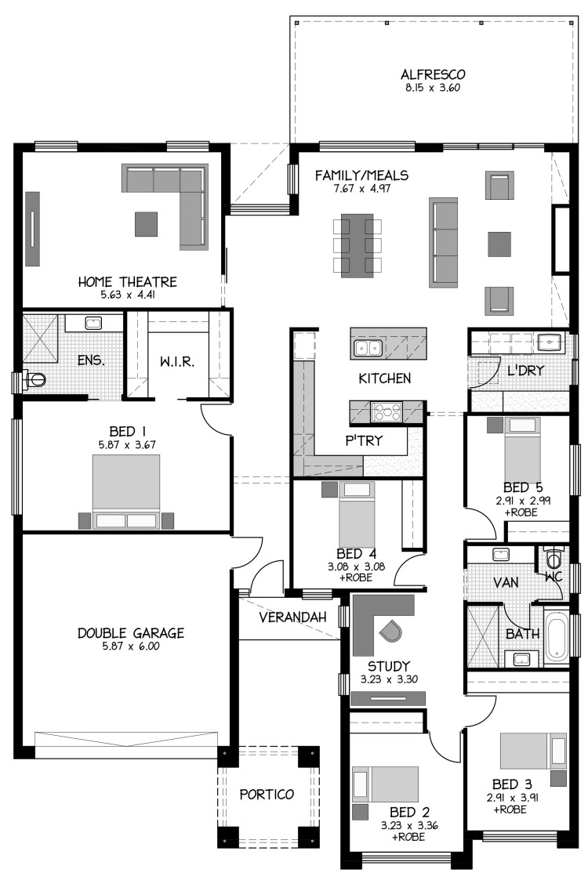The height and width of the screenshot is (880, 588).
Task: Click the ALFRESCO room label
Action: [433, 74]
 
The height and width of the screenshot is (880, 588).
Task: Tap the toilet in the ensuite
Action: [34, 380]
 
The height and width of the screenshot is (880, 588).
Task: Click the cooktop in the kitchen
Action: [387, 412]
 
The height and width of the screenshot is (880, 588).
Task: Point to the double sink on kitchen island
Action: [367, 349]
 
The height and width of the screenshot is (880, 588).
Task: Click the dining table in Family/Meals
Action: [358, 245]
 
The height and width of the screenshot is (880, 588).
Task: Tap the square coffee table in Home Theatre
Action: [147, 223]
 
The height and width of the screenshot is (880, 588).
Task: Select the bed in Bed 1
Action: [125, 491]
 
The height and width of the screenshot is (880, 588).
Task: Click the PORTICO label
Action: [267, 794]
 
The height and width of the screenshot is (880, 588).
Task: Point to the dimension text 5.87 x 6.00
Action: [131, 646]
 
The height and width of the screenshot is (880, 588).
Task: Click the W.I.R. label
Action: [177, 362]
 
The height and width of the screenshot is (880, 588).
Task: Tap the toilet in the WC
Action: [554, 558]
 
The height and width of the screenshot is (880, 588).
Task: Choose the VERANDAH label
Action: [292, 617]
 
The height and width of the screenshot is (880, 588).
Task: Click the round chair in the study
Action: [391, 631]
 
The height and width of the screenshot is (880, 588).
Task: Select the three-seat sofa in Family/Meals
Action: [443, 242]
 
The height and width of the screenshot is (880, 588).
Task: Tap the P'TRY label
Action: [363, 440]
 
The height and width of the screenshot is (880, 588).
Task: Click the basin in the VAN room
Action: [500, 555]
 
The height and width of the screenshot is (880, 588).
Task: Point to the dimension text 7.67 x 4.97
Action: [362, 189]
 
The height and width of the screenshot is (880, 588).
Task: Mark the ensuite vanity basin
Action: [93, 324]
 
